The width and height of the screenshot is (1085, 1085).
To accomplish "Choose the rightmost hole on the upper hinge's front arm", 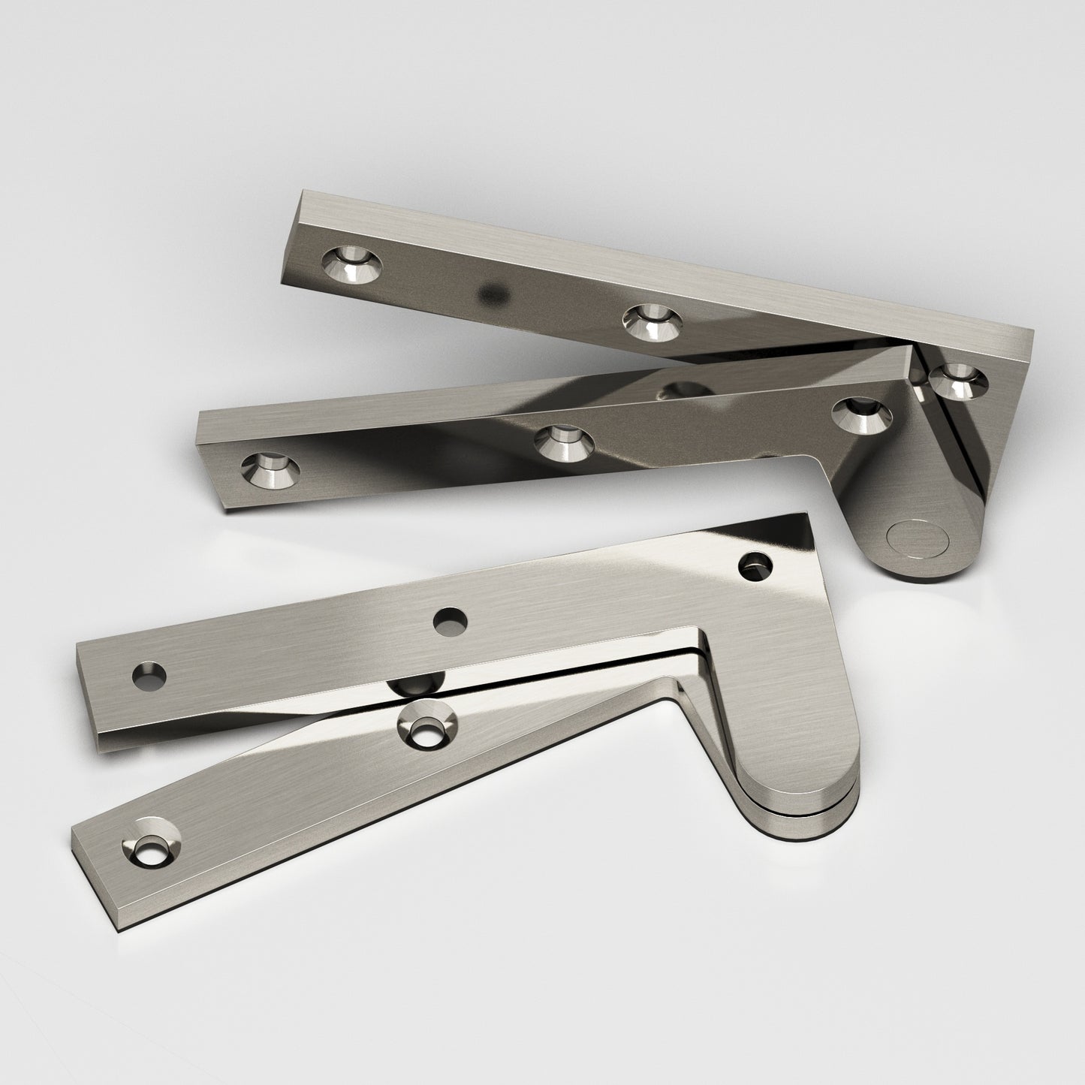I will pyautogui.click(x=863, y=415).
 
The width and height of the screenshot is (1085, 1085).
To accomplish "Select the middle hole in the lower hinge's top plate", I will pyautogui.click(x=450, y=620).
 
